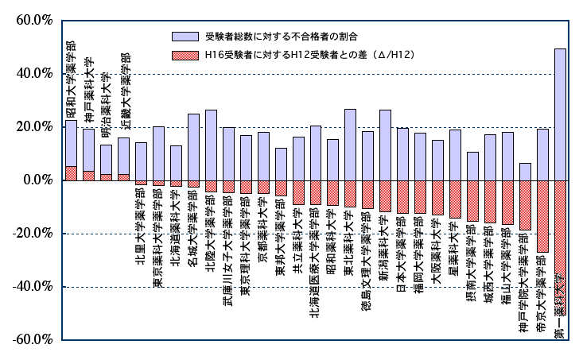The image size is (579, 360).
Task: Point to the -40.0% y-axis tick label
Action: click(x=30, y=286)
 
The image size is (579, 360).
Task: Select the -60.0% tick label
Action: click(x=30, y=339)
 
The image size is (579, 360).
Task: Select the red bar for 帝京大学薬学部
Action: click(x=542, y=216)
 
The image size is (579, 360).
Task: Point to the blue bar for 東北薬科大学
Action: click(x=350, y=144)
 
